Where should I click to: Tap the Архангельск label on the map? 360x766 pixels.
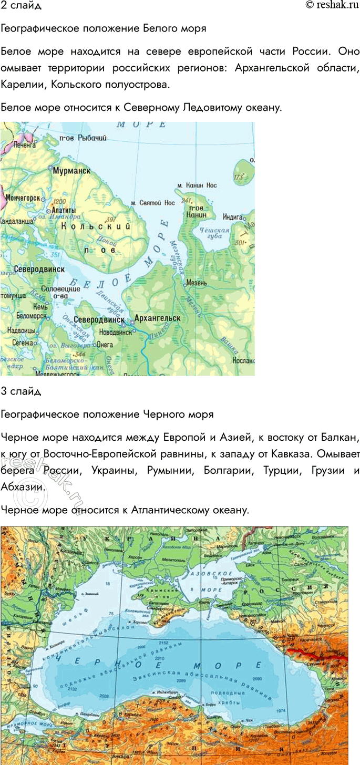(x=158, y=318)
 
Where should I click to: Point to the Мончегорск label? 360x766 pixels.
(x=23, y=198)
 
